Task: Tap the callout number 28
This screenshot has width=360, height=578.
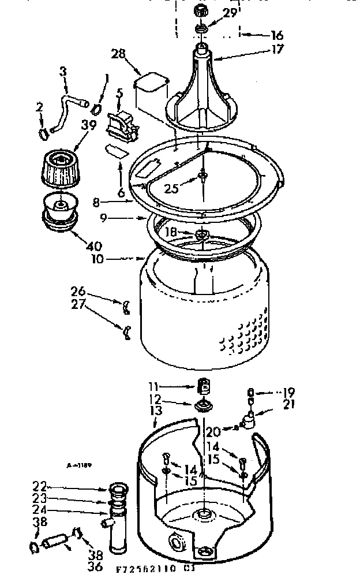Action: tap(118, 54)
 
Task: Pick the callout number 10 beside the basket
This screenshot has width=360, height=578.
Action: tap(97, 259)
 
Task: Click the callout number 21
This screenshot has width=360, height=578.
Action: tap(288, 404)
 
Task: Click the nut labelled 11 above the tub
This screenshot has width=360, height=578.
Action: tap(202, 385)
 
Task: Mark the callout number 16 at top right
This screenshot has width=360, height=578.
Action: tap(277, 35)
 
